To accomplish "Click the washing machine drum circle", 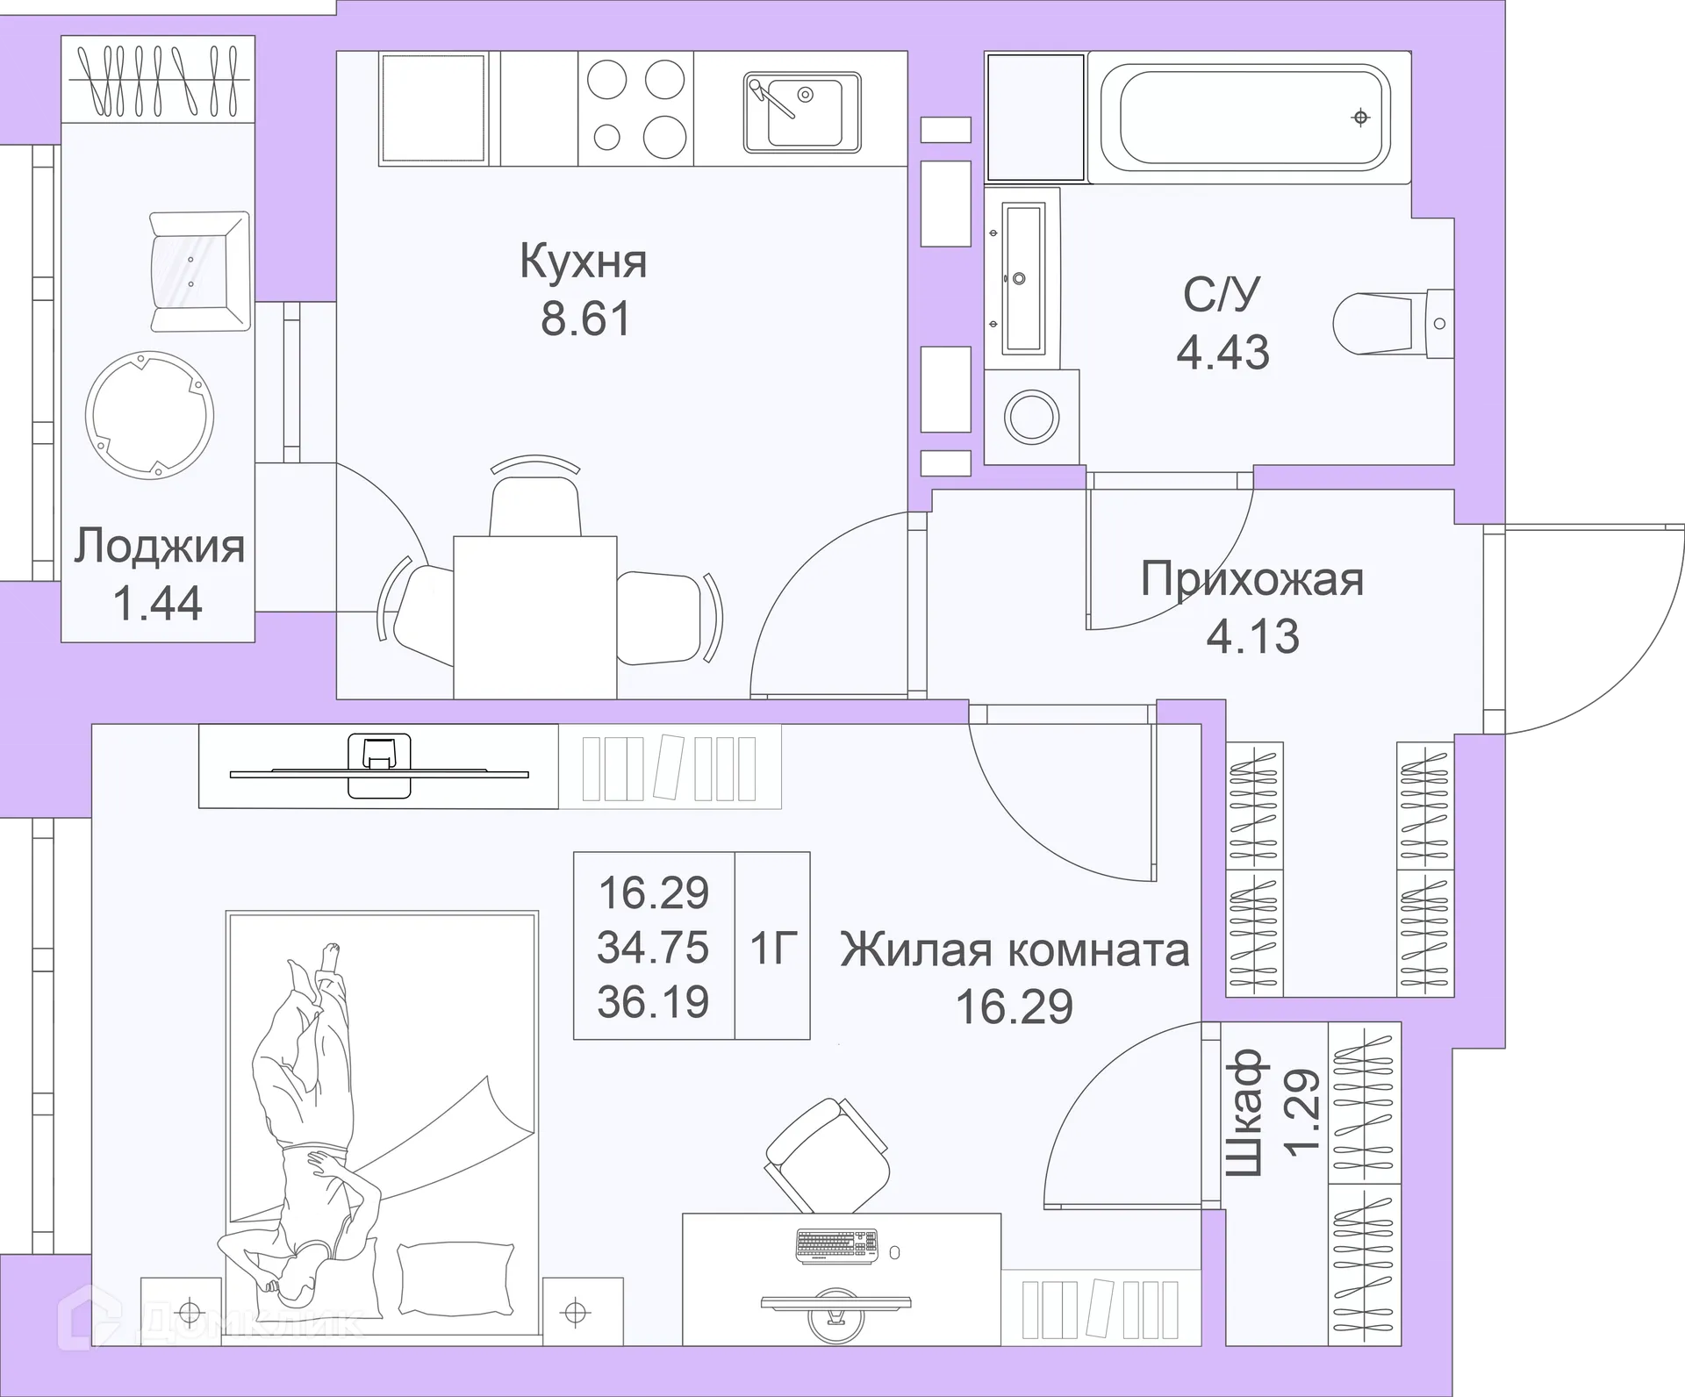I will tap(1032, 417).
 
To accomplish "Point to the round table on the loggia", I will tap(149, 415).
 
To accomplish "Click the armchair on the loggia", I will tap(198, 272).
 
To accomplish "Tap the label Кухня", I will tap(584, 261).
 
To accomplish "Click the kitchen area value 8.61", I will tap(585, 319).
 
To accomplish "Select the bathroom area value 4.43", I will tap(1223, 353).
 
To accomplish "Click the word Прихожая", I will tap(1252, 580).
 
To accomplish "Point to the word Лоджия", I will tap(159, 547).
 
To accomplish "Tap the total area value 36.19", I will tap(653, 1002).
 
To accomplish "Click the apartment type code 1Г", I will tap(772, 948).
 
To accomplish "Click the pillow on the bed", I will tap(455, 1279).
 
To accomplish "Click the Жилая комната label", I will tap(1015, 950).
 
